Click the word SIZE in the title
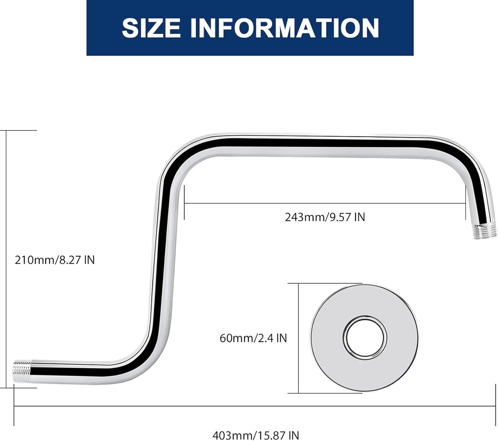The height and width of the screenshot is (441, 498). [151, 28]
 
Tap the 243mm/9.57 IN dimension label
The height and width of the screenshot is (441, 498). [325, 217]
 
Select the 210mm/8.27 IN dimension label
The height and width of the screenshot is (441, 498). [54, 260]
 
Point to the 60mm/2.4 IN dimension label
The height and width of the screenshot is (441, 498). [253, 338]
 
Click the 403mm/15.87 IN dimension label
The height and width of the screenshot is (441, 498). [256, 435]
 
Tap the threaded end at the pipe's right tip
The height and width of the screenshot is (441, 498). [483, 231]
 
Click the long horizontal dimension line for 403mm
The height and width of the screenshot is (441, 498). [256, 406]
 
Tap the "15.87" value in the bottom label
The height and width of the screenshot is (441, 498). [272, 435]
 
